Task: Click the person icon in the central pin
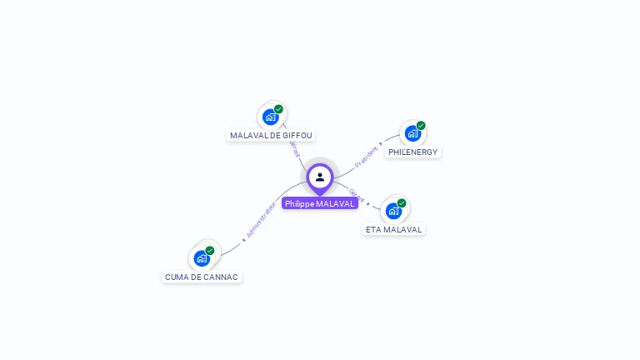tap(320, 177)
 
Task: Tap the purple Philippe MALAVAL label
tap(320, 203)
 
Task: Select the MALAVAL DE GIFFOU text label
tap(272, 135)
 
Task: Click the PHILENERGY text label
tap(412, 152)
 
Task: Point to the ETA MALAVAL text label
tap(394, 229)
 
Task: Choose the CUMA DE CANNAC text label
tap(202, 277)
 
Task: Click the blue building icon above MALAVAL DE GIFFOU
tap(270, 117)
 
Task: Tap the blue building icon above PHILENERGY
tap(412, 133)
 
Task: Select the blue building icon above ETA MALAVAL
tap(393, 211)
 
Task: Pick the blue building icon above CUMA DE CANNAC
tap(202, 258)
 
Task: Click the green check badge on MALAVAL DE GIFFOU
tap(278, 109)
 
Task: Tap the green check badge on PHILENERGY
tap(421, 126)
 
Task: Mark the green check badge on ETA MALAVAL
tap(402, 203)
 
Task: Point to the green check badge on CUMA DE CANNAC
tap(210, 250)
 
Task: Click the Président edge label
tap(366, 156)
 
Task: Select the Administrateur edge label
tap(262, 220)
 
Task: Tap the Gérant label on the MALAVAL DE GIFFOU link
tap(294, 148)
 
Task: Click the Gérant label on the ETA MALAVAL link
tap(356, 196)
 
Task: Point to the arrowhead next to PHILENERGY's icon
tap(381, 143)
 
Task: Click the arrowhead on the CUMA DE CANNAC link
tap(243, 240)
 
